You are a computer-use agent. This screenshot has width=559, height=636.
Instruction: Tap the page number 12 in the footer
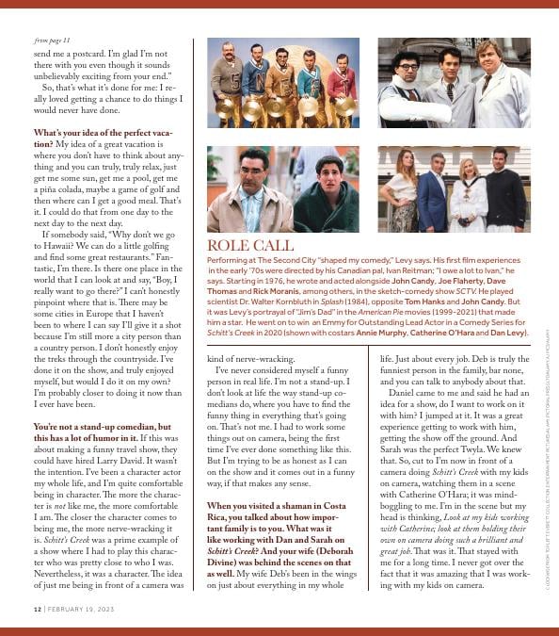tap(37, 609)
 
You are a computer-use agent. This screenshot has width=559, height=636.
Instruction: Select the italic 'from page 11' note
tap(53, 41)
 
